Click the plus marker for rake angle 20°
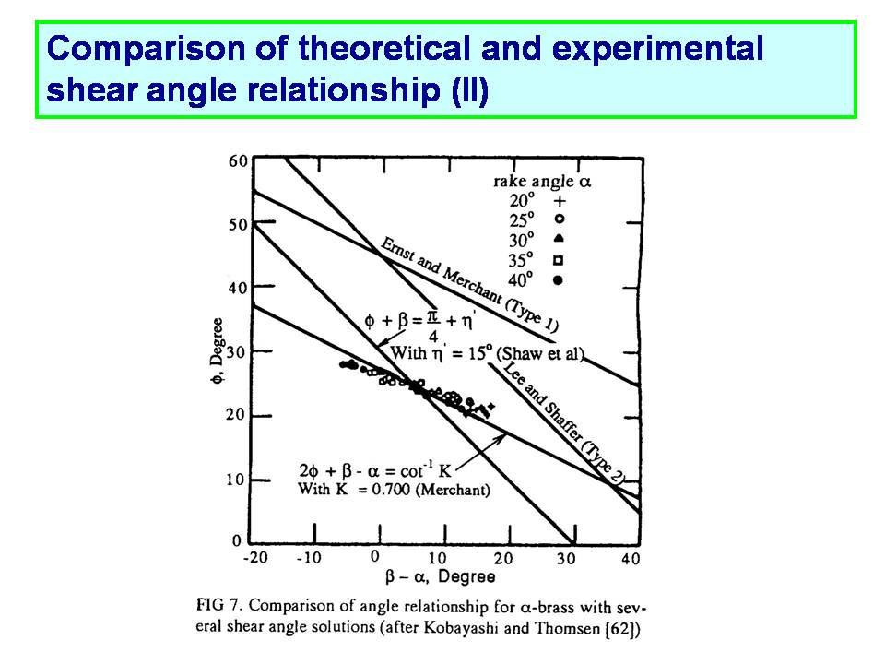[x=560, y=201]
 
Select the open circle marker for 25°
[x=560, y=219]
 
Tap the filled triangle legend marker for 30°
[x=559, y=238]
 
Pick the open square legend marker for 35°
[x=559, y=260]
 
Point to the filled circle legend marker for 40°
[x=559, y=279]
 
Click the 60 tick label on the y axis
[x=238, y=160]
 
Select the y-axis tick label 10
[x=235, y=480]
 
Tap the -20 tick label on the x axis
[x=255, y=558]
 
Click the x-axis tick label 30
[x=566, y=559]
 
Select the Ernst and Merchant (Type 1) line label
[x=469, y=285]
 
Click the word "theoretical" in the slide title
[x=384, y=48]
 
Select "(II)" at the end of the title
[x=469, y=90]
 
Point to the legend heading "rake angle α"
[x=542, y=182]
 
